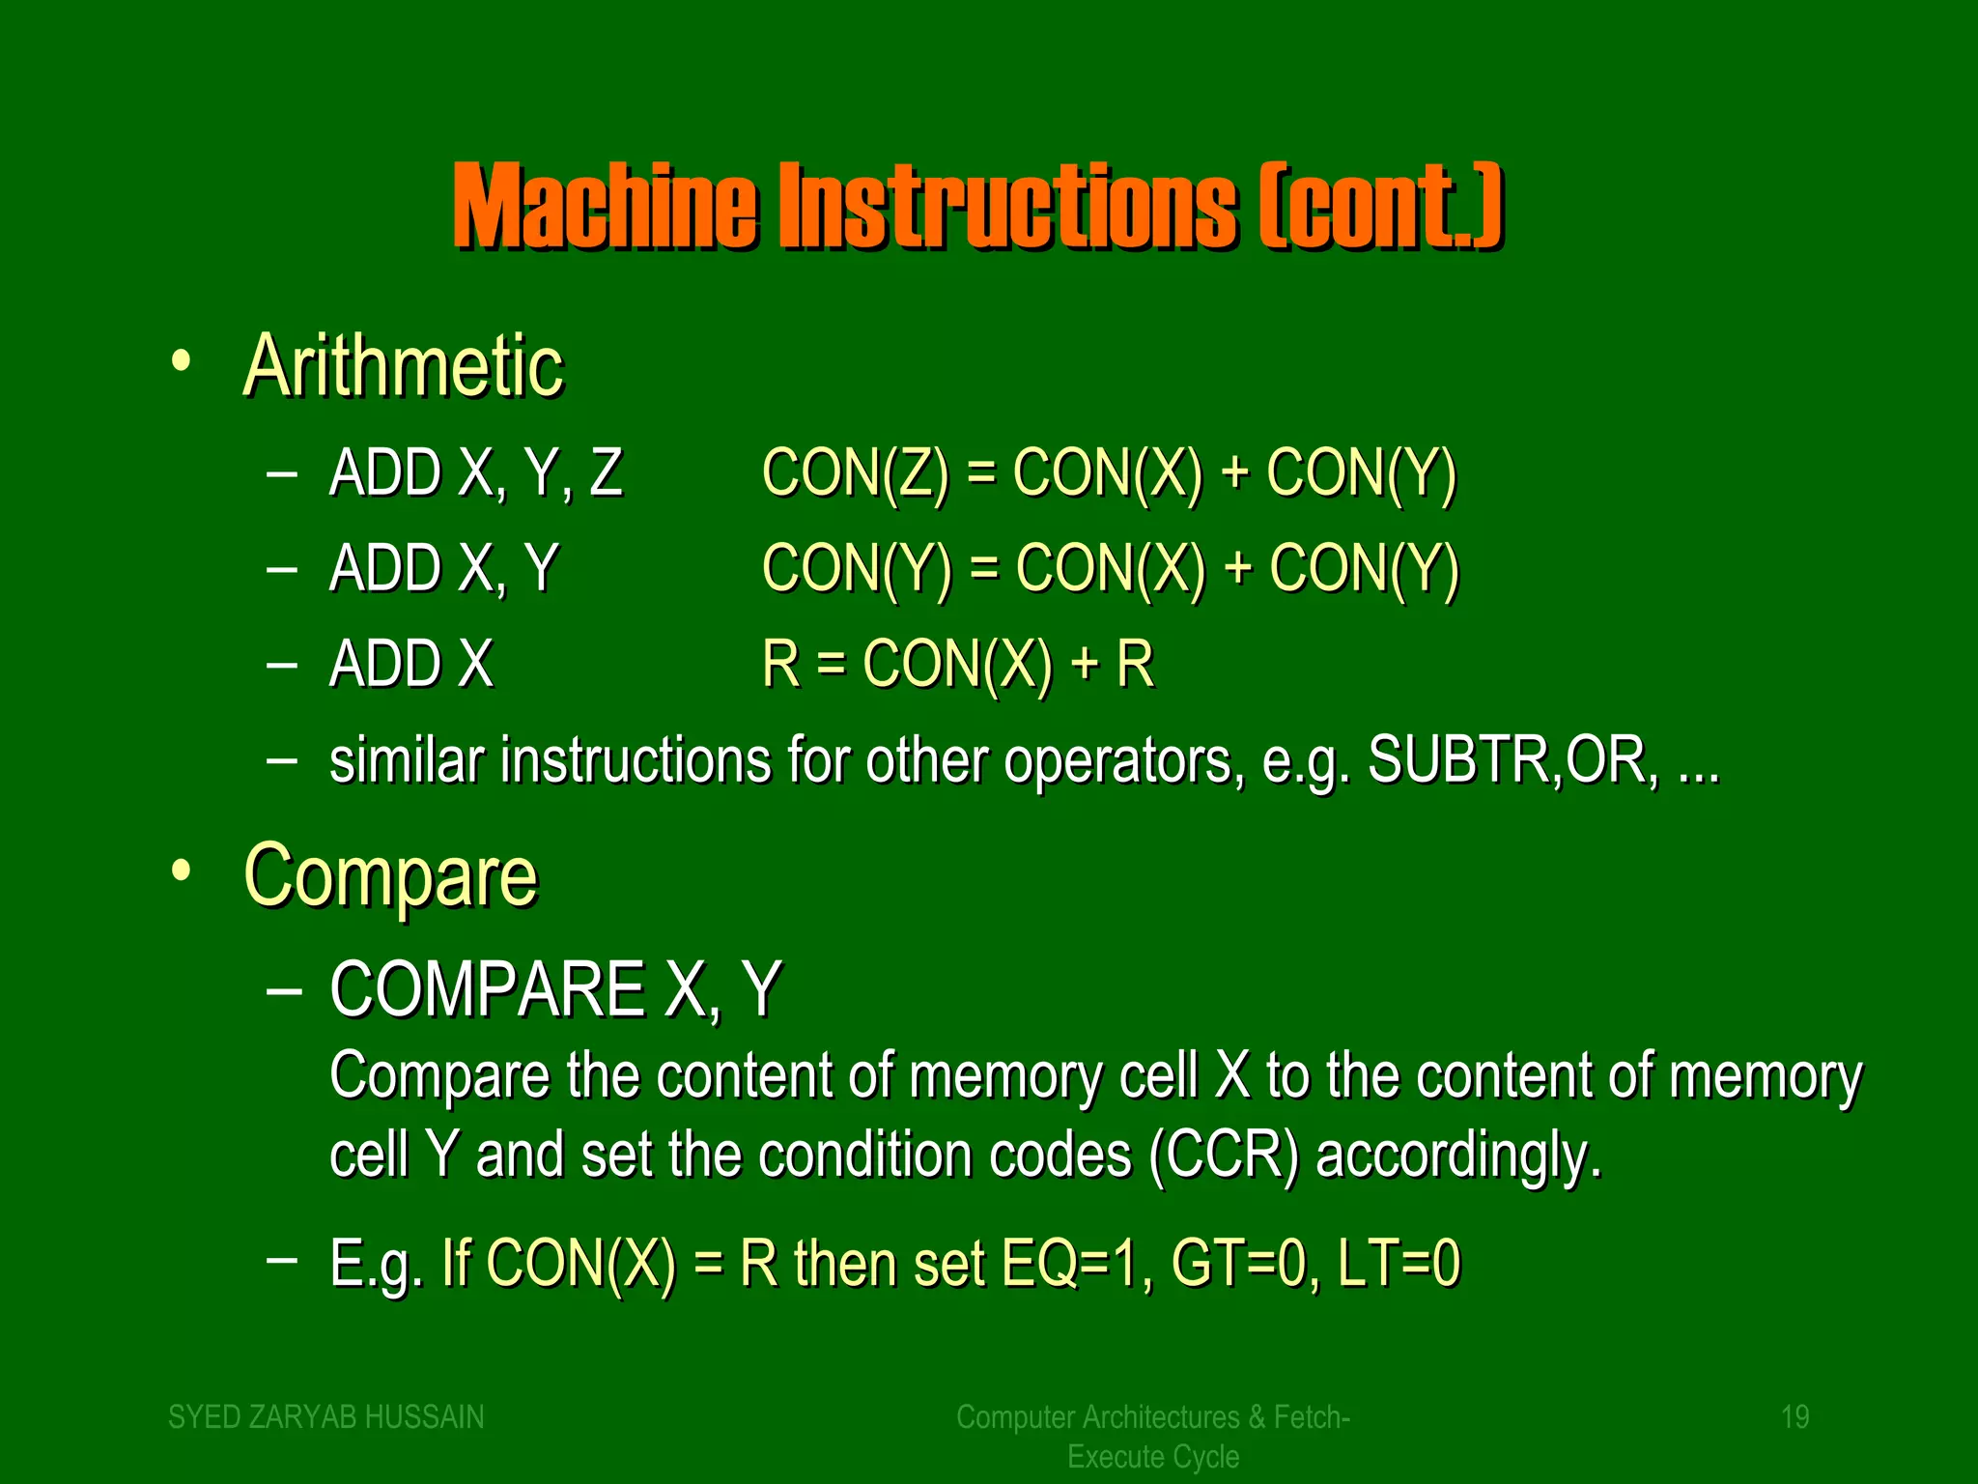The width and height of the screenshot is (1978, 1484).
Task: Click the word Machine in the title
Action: point(606,206)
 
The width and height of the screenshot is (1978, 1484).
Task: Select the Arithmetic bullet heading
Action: point(403,366)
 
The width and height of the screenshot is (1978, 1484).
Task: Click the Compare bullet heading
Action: point(390,876)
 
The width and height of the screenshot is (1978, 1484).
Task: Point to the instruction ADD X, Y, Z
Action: point(476,473)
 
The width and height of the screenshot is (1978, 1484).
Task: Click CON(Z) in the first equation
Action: point(856,473)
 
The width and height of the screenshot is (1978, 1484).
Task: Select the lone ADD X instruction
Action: point(411,665)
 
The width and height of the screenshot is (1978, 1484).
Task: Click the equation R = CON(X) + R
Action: point(957,665)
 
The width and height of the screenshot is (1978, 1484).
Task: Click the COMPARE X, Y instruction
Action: point(555,989)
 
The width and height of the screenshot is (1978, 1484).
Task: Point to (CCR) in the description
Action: point(1225,1156)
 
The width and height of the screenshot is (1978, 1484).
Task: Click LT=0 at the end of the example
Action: point(1399,1263)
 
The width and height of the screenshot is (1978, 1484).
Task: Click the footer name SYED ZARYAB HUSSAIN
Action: point(326,1417)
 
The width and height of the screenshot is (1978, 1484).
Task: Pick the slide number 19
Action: point(1794,1417)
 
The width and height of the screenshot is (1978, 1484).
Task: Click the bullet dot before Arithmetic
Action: point(181,362)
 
